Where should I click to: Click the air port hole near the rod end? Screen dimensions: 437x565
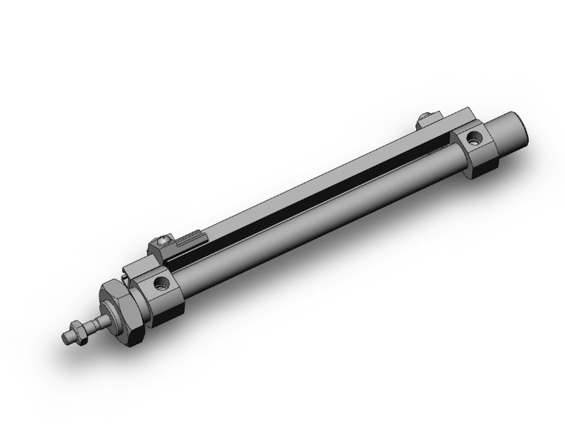(x=162, y=284)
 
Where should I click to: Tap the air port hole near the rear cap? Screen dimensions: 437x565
(x=475, y=139)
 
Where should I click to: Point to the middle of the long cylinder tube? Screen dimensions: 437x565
(x=319, y=217)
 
